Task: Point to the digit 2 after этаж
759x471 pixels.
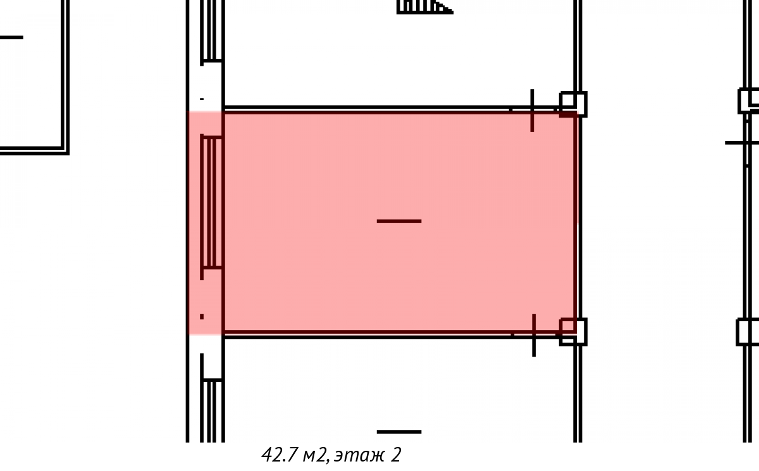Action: click(396, 455)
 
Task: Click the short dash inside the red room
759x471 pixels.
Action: click(399, 221)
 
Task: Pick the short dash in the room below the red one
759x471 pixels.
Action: click(399, 432)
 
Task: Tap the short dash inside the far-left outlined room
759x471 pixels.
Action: click(11, 37)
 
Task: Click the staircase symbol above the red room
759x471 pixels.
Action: click(425, 7)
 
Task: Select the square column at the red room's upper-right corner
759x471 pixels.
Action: click(573, 104)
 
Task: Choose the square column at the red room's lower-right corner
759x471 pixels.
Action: click(573, 332)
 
